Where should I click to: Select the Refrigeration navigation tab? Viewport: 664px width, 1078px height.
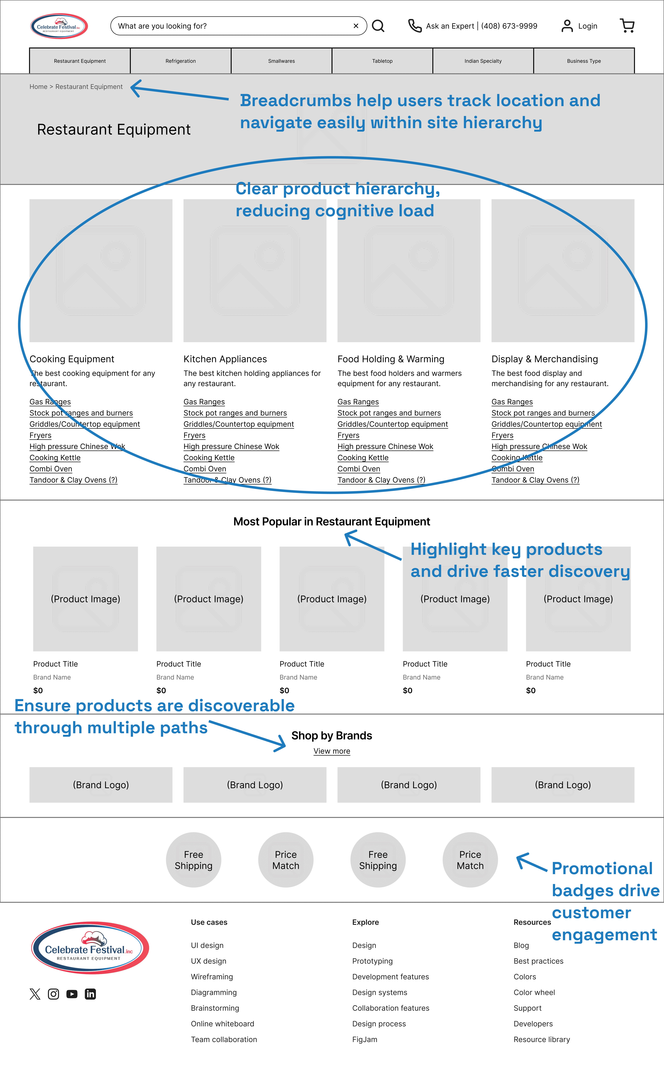pyautogui.click(x=180, y=61)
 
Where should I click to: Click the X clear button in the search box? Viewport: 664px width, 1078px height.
pyautogui.click(x=356, y=26)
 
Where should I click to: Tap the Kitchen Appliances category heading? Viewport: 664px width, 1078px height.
pyautogui.click(x=225, y=359)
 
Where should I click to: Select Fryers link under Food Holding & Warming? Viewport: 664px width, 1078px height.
pyautogui.click(x=348, y=435)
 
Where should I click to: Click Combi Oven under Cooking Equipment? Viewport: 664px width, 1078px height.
pyautogui.click(x=51, y=469)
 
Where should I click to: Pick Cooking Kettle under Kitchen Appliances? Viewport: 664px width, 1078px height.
pyautogui.click(x=209, y=458)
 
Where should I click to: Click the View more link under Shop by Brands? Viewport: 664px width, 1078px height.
pyautogui.click(x=332, y=751)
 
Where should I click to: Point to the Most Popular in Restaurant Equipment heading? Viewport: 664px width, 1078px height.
pyautogui.click(x=332, y=522)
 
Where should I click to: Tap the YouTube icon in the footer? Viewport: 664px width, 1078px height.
pyautogui.click(x=72, y=994)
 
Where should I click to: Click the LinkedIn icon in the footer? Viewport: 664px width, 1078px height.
pyautogui.click(x=90, y=994)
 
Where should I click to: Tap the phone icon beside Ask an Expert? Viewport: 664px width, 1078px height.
pyautogui.click(x=415, y=26)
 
